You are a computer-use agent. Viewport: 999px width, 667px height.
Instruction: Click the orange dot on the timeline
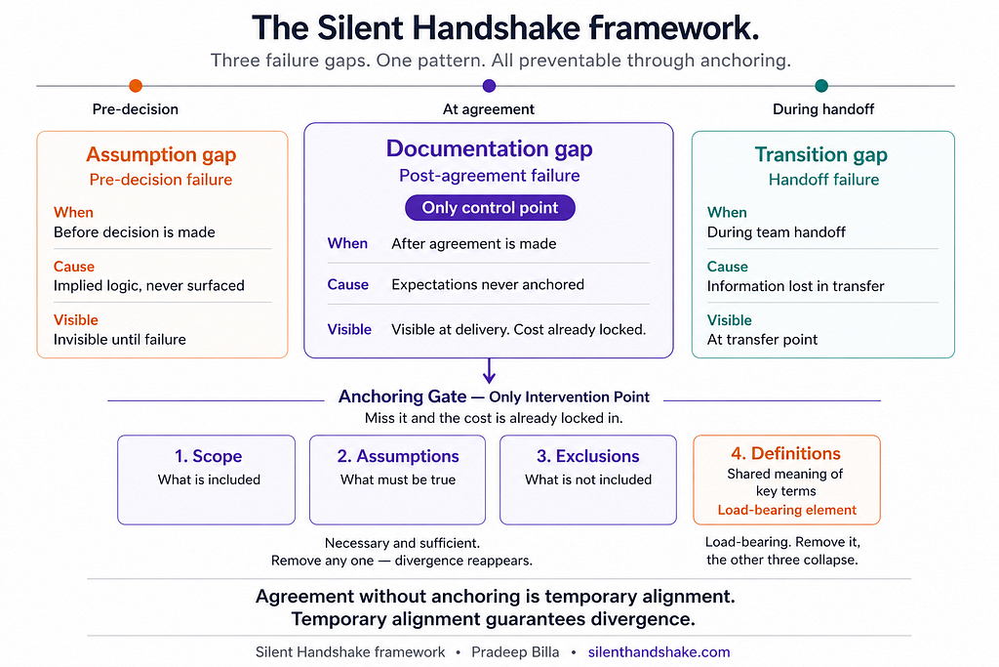pyautogui.click(x=135, y=85)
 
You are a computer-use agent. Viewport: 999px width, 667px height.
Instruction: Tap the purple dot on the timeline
pyautogui.click(x=489, y=85)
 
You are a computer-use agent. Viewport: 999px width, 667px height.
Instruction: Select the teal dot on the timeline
pyautogui.click(x=821, y=85)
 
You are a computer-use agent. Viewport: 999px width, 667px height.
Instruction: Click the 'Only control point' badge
pyautogui.click(x=490, y=208)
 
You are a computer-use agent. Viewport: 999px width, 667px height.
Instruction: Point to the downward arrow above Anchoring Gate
pyautogui.click(x=489, y=370)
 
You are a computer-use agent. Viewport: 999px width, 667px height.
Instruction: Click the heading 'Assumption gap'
pyautogui.click(x=161, y=154)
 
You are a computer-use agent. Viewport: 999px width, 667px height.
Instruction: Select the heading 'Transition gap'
pyautogui.click(x=821, y=154)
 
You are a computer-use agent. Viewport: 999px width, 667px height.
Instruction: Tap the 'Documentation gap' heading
pyautogui.click(x=490, y=148)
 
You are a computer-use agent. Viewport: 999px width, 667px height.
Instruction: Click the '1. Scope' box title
pyautogui.click(x=209, y=456)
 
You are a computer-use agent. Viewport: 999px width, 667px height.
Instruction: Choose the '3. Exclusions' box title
pyautogui.click(x=588, y=456)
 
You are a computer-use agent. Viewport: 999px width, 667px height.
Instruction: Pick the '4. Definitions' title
pyautogui.click(x=785, y=453)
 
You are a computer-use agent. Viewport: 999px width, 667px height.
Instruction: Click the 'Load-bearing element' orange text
pyautogui.click(x=787, y=510)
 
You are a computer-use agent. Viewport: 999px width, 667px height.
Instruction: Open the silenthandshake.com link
pyautogui.click(x=659, y=652)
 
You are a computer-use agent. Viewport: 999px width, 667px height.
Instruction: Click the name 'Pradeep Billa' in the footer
pyautogui.click(x=515, y=652)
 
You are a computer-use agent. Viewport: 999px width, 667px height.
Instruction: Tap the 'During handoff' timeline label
pyautogui.click(x=823, y=109)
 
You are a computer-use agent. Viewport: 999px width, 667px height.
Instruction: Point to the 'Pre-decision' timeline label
pyautogui.click(x=135, y=109)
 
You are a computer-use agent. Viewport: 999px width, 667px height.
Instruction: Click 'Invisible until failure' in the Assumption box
pyautogui.click(x=120, y=339)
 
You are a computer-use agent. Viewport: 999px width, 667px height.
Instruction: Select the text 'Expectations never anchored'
pyautogui.click(x=488, y=284)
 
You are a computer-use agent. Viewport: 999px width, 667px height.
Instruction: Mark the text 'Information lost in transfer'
pyautogui.click(x=796, y=286)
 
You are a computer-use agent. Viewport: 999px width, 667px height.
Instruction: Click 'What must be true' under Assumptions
pyautogui.click(x=398, y=479)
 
